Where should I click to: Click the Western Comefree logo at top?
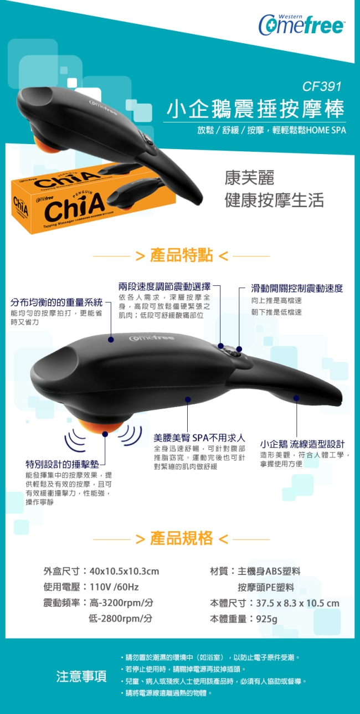[x=301, y=24]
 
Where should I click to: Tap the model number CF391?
[x=322, y=86]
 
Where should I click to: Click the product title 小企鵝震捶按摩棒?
[x=255, y=109]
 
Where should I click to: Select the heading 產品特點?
[x=181, y=255]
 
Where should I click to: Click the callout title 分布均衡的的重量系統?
[x=56, y=302]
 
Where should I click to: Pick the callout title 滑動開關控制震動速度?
[x=297, y=288]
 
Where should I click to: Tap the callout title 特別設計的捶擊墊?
[x=63, y=464]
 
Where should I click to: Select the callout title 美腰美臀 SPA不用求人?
[x=199, y=438]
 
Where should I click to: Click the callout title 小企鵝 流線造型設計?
[x=302, y=444]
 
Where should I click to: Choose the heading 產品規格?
[x=181, y=538]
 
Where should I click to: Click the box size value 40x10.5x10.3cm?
[x=124, y=571]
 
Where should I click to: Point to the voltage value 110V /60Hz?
[x=114, y=587]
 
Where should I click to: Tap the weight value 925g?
[x=266, y=619]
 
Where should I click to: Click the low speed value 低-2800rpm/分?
[x=121, y=619]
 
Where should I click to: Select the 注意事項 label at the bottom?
[x=81, y=676]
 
